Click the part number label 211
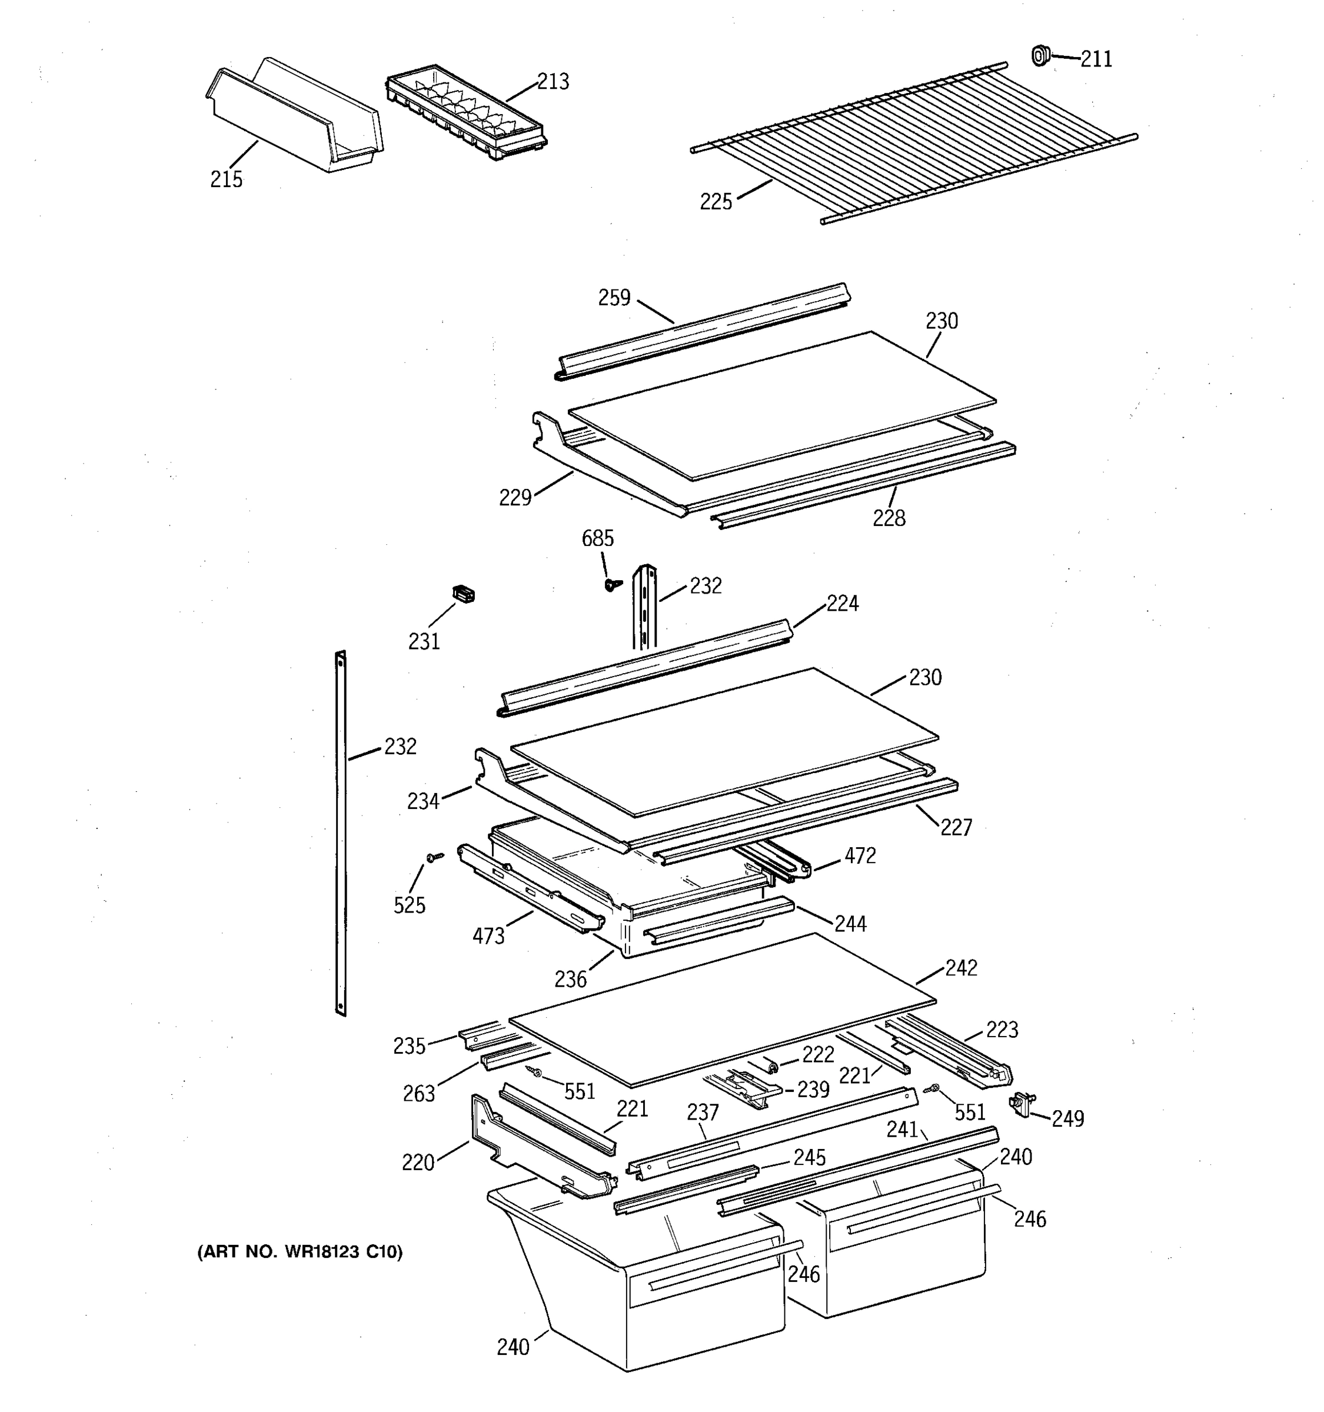click(x=1096, y=59)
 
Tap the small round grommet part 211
click(x=1040, y=55)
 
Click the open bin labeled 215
click(x=295, y=117)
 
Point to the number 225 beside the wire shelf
click(x=716, y=202)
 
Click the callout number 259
click(x=614, y=298)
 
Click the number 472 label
click(x=860, y=856)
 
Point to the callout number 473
click(x=488, y=936)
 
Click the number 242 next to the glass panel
click(x=960, y=968)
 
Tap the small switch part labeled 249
click(x=1022, y=1104)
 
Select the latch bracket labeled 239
click(x=742, y=1088)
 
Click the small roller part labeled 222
click(x=773, y=1065)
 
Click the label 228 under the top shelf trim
click(x=889, y=518)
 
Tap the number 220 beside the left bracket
click(x=418, y=1163)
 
